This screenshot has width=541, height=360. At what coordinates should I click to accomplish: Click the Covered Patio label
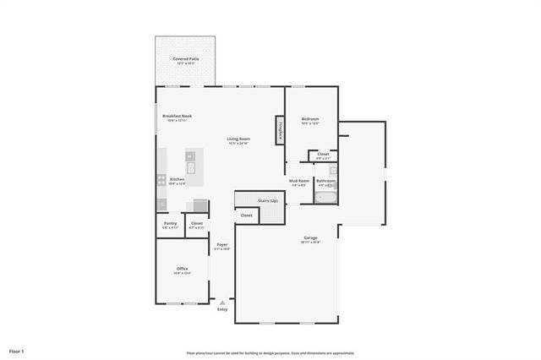point(185,58)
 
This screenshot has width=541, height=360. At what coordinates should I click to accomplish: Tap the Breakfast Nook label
point(178,116)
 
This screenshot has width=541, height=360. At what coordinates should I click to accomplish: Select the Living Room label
point(238,139)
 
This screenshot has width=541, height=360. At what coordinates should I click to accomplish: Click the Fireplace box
point(279,130)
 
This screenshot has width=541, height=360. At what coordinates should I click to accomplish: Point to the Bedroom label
point(310,119)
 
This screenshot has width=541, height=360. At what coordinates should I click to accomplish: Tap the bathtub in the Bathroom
point(325,197)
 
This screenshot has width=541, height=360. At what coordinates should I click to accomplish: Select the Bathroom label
point(325,180)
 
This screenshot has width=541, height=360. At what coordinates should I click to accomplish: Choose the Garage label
point(310,237)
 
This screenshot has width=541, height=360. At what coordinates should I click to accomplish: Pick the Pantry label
point(170,223)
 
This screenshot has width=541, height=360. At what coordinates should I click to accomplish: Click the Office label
point(182,268)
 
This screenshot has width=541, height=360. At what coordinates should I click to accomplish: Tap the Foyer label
point(221,244)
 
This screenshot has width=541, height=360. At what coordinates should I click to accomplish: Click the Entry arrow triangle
point(222,302)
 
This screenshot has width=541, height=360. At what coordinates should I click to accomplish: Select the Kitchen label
point(177,179)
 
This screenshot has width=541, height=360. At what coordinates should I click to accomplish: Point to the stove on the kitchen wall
point(161,178)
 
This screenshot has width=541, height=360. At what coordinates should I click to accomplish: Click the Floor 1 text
point(17,350)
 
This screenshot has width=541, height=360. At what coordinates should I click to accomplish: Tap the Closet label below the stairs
point(247,215)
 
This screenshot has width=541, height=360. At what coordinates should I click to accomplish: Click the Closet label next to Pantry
point(196,223)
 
